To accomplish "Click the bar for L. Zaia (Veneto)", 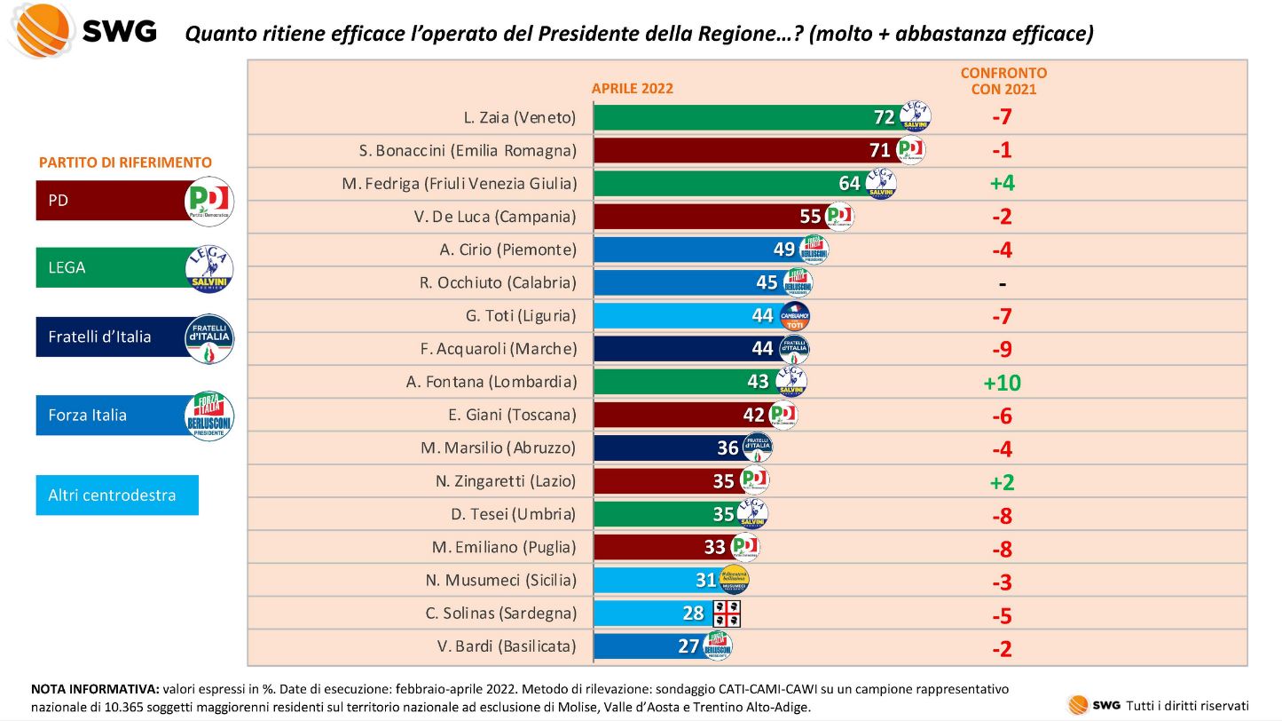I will point(745,117).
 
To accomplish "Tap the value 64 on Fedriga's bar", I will point(849,183).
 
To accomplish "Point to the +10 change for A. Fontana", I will point(1002,383).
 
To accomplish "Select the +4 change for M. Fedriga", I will point(1002,184).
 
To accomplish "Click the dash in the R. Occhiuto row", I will point(1002,283).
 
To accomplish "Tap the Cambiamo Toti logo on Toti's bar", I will point(794,316).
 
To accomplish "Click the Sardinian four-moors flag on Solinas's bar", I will point(727,613).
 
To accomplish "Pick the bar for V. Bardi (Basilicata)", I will point(648,646).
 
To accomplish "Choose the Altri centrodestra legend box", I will point(117,495).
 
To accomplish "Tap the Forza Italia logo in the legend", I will point(209,416).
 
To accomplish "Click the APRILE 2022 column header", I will point(633,88).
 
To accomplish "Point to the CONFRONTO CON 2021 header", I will point(1003,81).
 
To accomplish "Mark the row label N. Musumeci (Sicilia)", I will point(500,581).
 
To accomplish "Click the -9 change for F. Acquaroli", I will point(1002,350).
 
